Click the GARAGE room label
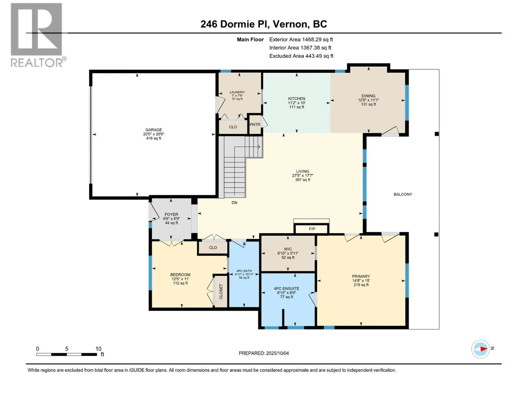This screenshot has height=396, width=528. pyautogui.click(x=153, y=130)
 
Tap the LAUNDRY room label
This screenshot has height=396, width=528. pyautogui.click(x=237, y=92)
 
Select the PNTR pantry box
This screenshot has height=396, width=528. pyautogui.click(x=255, y=124)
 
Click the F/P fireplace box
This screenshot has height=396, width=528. pyautogui.click(x=312, y=229)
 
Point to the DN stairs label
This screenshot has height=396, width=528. pyautogui.click(x=234, y=203)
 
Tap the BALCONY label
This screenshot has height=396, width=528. pyautogui.click(x=403, y=194)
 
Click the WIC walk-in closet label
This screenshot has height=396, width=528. pyautogui.click(x=288, y=249)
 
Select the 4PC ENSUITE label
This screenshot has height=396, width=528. pyautogui.click(x=286, y=288)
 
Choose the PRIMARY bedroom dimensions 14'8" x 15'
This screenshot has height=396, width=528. pyautogui.click(x=361, y=281)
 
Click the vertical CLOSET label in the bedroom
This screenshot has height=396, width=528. pyautogui.click(x=221, y=292)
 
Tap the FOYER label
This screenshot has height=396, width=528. pyautogui.click(x=171, y=214)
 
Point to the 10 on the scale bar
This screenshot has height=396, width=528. pyautogui.click(x=98, y=349)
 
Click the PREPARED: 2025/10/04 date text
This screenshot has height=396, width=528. pyautogui.click(x=264, y=353)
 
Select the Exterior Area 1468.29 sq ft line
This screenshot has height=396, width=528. pyautogui.click(x=301, y=40)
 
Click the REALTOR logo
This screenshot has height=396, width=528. pyautogui.click(x=37, y=35)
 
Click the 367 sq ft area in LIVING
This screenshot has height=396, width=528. pyautogui.click(x=302, y=180)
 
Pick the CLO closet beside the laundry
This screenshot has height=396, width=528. pyautogui.click(x=233, y=127)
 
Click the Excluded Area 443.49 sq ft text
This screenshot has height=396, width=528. pyautogui.click(x=301, y=56)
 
